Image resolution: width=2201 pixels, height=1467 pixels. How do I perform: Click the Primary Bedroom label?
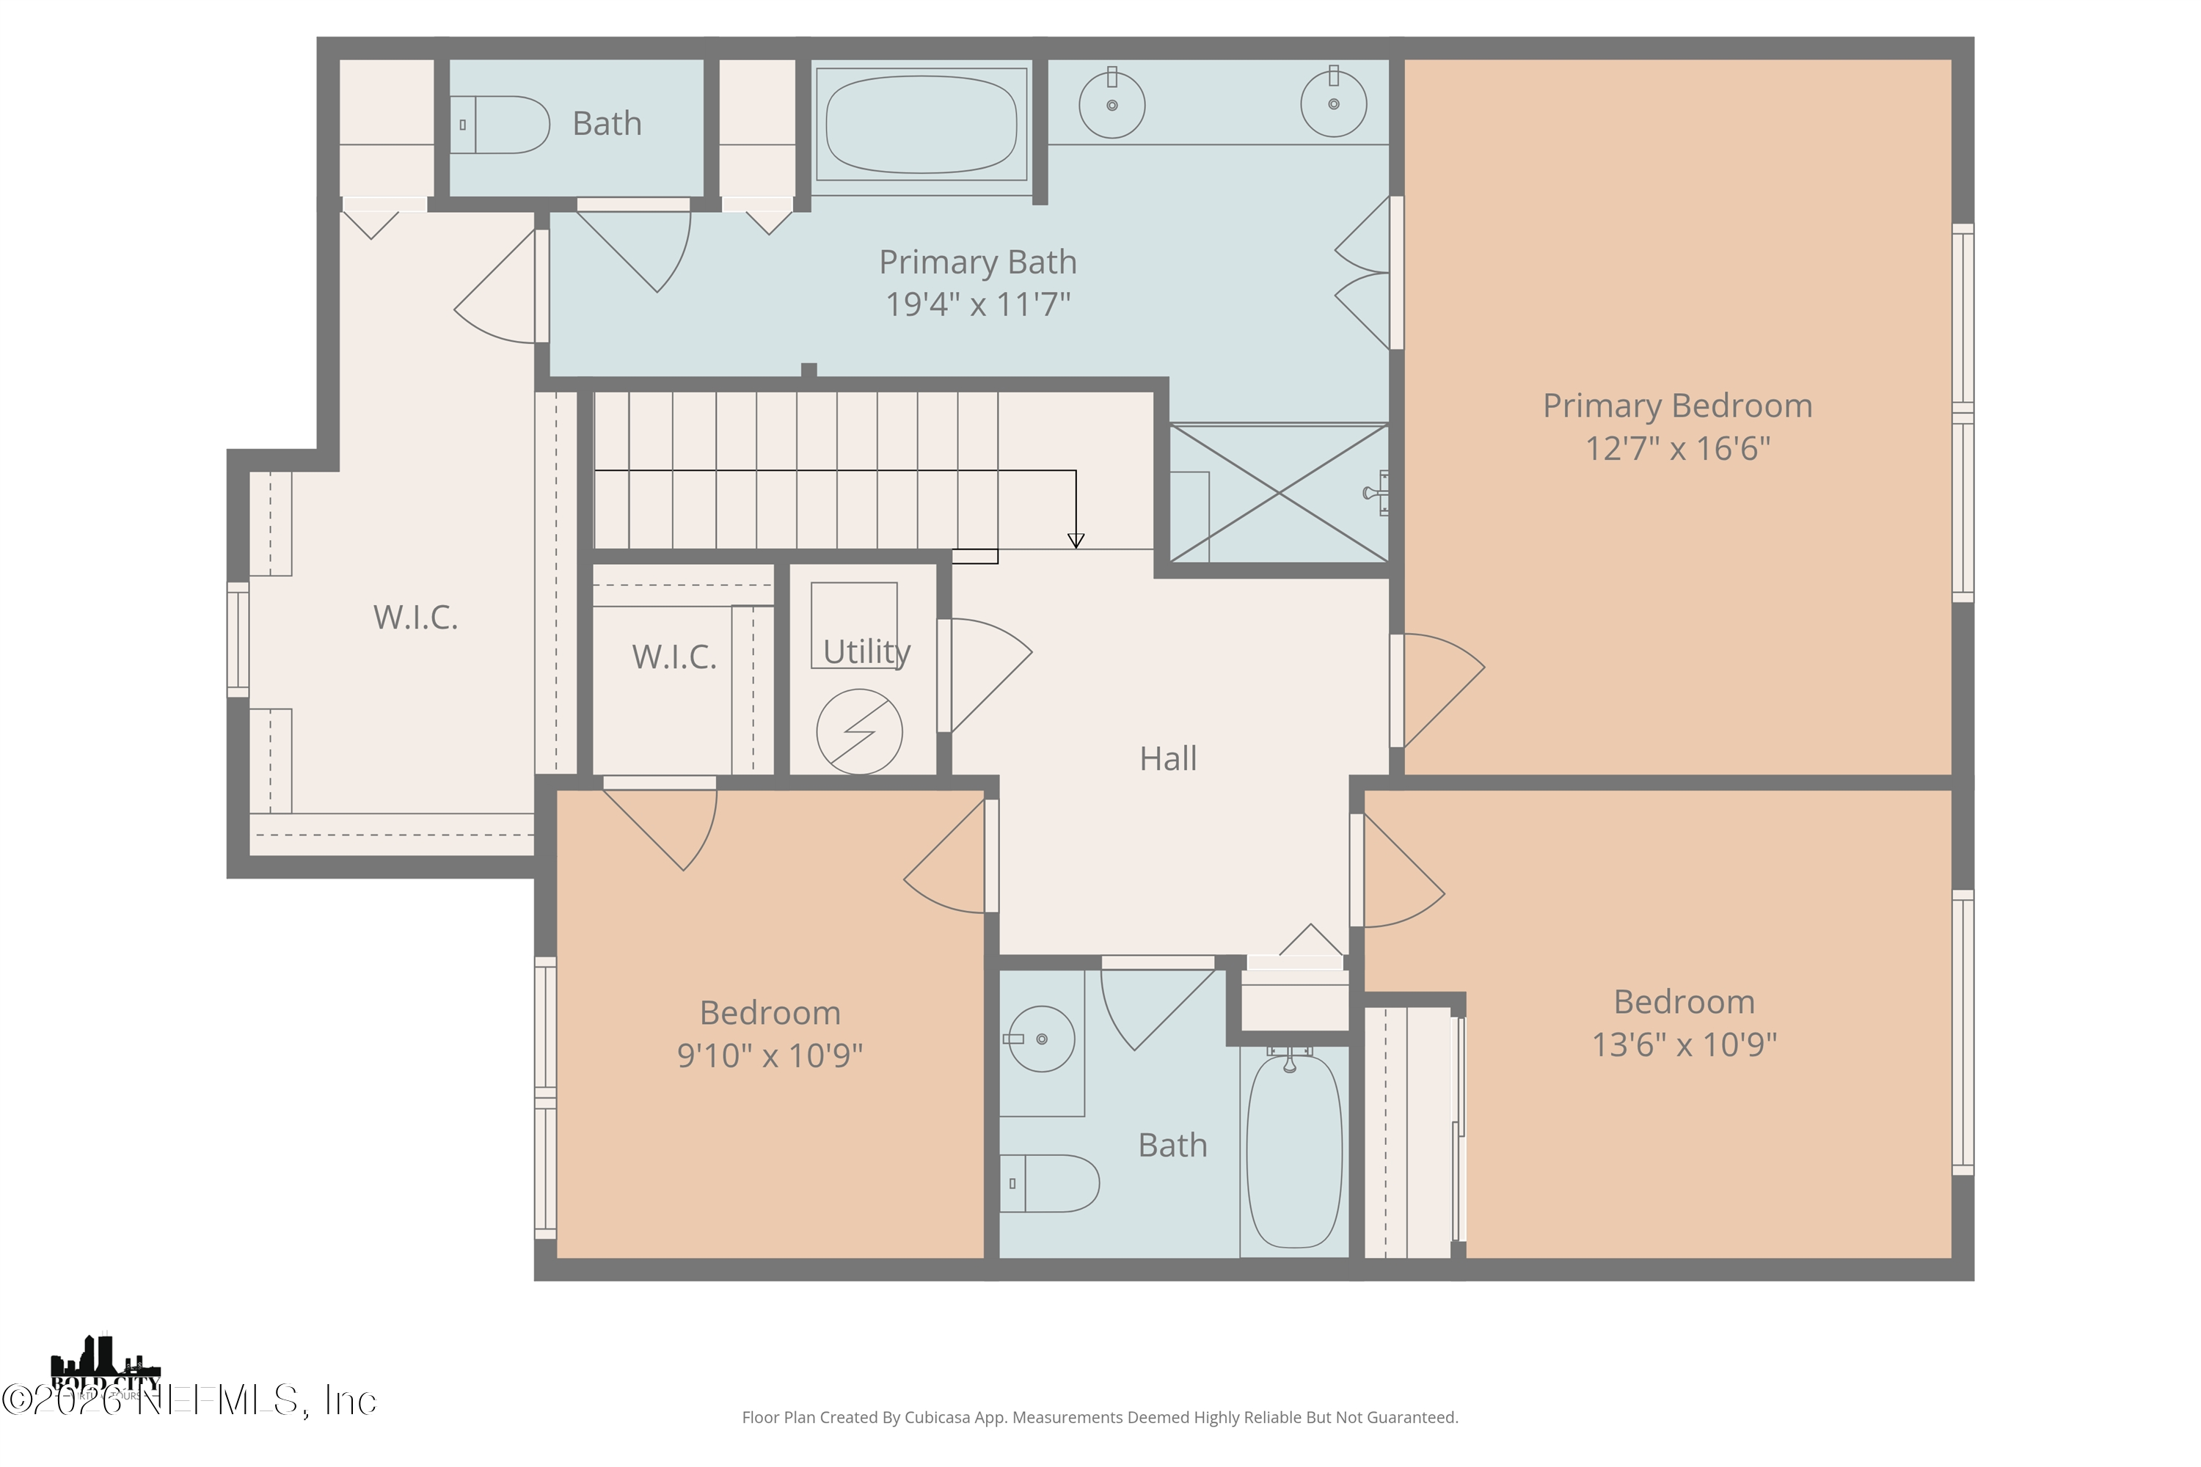(x=1677, y=406)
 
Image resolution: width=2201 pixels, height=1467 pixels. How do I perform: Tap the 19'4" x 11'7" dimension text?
(x=978, y=305)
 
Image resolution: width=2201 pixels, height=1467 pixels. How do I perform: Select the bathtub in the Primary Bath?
(x=921, y=125)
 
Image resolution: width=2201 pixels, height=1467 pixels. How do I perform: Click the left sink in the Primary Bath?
(x=1112, y=105)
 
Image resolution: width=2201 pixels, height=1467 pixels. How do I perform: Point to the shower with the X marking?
(x=1278, y=493)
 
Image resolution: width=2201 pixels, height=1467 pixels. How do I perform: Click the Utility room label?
(x=866, y=652)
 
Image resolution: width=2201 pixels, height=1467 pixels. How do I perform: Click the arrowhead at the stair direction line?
(x=1076, y=541)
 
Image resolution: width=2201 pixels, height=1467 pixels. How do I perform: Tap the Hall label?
(x=1168, y=758)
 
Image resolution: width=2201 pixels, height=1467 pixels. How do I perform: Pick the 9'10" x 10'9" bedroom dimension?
(x=769, y=1056)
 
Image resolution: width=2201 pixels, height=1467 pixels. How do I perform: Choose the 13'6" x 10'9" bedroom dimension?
(x=1684, y=1044)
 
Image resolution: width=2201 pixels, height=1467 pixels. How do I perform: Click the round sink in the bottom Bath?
(x=1040, y=1039)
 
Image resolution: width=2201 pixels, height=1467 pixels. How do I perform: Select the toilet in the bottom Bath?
(x=1050, y=1184)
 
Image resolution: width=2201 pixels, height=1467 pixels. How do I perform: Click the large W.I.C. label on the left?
(x=415, y=618)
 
